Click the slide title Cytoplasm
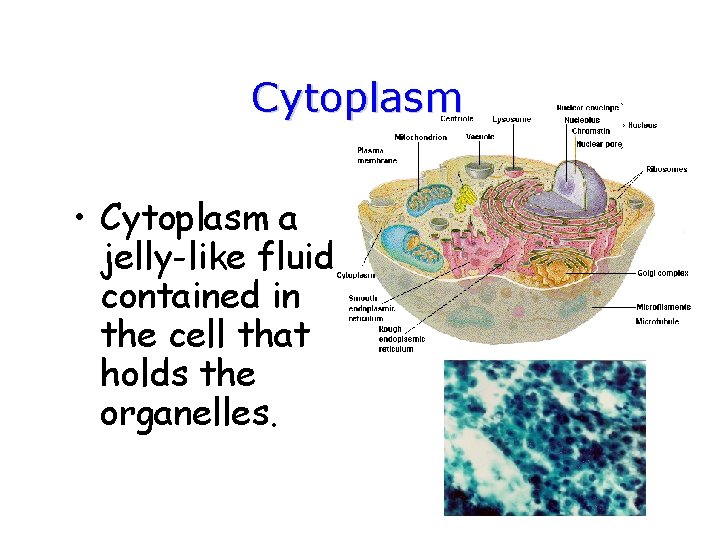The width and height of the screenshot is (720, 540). coord(357,98)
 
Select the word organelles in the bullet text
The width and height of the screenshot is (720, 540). coord(186,414)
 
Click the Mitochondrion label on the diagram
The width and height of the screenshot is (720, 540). coord(420,137)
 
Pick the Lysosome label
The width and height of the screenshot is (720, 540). coord(512,119)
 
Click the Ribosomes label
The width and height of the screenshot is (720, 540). coord(666,169)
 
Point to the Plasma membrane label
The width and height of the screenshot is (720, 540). coord(377,155)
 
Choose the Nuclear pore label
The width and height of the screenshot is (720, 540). coord(598,144)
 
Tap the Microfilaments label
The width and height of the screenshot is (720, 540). coord(662,306)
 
